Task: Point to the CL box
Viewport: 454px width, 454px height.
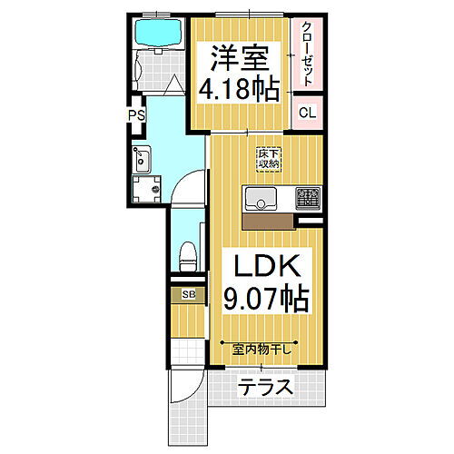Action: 307,113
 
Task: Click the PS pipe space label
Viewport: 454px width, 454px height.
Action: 136,115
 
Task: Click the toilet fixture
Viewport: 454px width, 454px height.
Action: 187,254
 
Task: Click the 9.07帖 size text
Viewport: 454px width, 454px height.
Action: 263,298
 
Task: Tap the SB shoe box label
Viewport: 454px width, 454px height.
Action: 188,294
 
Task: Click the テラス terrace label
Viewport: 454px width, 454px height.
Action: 267,388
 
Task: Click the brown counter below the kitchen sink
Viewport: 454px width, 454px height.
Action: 268,219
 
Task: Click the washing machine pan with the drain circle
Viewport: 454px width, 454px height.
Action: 145,189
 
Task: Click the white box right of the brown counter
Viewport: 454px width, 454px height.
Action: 309,219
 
